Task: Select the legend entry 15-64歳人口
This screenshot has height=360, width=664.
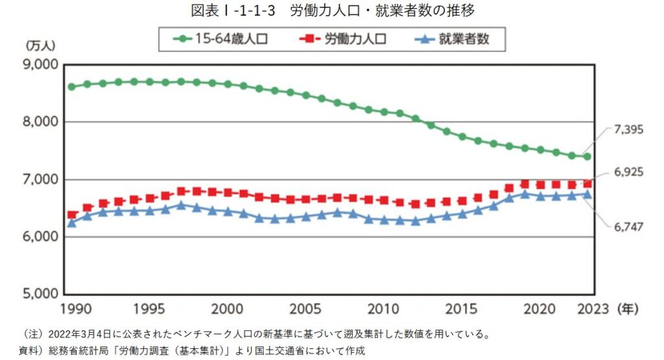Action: coord(220,39)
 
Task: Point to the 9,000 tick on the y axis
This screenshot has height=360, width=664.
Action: coord(41,65)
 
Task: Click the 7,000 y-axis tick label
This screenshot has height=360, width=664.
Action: coord(41,180)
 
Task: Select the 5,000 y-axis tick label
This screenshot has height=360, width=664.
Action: coord(41,294)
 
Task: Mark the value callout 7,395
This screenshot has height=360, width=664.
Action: coord(628,130)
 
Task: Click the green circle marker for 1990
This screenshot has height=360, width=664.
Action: coord(71,86)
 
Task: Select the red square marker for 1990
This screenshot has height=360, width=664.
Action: coord(71,215)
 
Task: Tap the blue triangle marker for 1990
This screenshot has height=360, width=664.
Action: coord(71,222)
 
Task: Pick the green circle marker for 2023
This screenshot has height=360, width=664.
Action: coord(587,156)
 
